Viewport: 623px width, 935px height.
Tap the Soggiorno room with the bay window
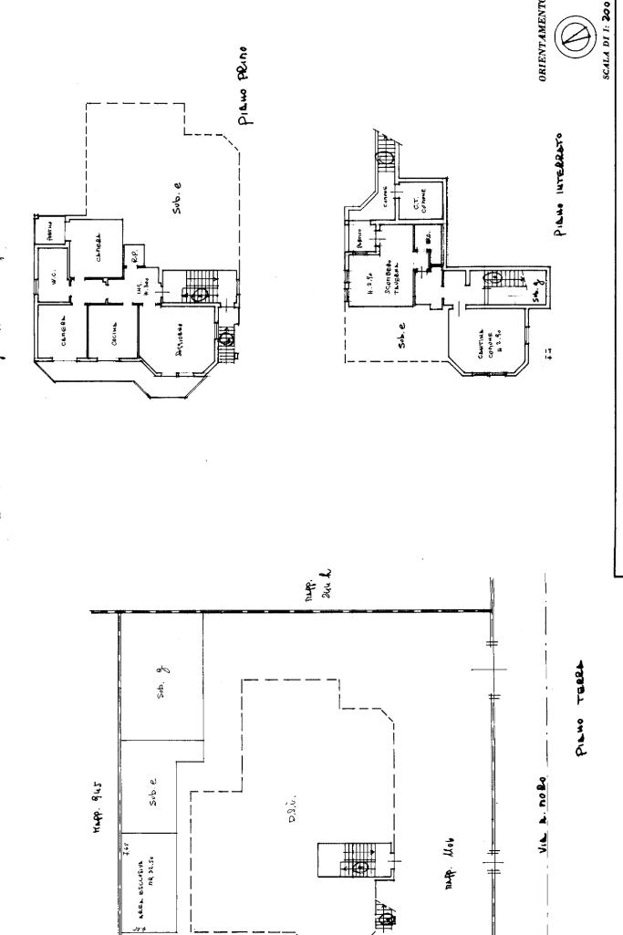[182, 329]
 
